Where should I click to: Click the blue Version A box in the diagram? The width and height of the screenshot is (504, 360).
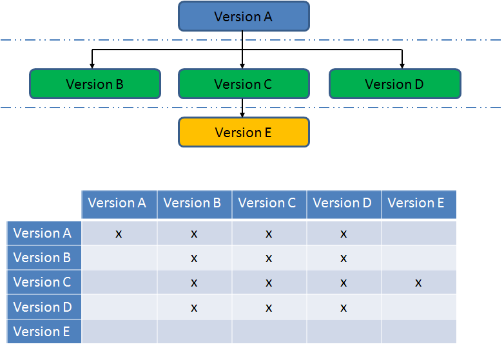244,16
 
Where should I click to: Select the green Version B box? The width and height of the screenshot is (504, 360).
95,84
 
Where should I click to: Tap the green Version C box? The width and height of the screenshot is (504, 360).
244,84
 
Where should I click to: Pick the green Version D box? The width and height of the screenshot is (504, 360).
395,84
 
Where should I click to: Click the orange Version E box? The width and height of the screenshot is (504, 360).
244,132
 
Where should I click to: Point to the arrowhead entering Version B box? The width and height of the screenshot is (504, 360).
92,66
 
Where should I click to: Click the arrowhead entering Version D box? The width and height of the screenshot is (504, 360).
402,66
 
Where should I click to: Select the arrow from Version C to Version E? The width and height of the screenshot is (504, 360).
242,108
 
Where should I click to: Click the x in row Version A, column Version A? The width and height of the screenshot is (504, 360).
119,234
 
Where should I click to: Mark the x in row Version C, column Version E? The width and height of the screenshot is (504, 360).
418,283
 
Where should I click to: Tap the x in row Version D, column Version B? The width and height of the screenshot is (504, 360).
194,308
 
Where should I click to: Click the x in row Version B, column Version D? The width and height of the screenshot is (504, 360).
344,258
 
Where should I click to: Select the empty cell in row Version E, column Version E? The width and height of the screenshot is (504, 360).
419,332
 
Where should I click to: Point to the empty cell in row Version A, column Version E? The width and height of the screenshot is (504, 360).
419,233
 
